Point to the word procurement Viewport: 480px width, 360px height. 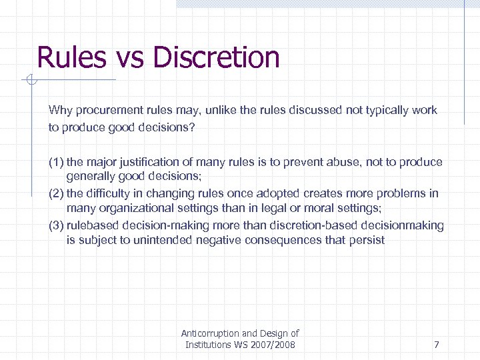pyautogui.click(x=105, y=110)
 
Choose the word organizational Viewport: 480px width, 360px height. pyautogui.click(x=138, y=209)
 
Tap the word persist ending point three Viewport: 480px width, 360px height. pyautogui.click(x=367, y=240)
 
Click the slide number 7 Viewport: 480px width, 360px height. pyautogui.click(x=436, y=345)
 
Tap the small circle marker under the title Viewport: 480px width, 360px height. pyautogui.click(x=31, y=81)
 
